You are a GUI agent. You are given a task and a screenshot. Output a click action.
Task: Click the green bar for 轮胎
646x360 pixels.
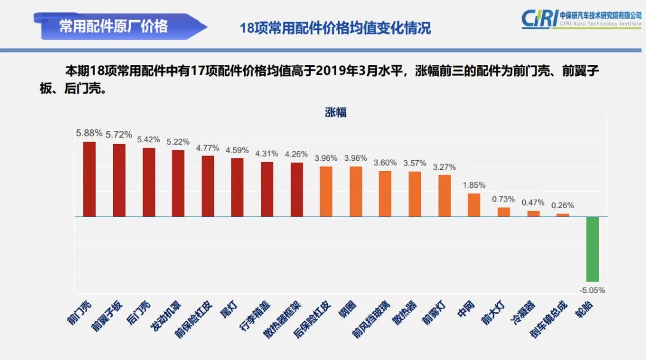tap(592, 249)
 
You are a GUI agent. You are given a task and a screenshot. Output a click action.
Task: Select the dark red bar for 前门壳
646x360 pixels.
tap(89, 179)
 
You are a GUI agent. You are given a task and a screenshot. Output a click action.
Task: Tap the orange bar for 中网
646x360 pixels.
tap(474, 205)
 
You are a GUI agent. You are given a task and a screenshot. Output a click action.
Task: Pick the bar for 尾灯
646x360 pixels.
tap(237, 187)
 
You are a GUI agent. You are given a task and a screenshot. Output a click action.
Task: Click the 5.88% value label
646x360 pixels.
tap(89, 133)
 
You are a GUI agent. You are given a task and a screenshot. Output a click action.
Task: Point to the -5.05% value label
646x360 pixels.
tap(592, 290)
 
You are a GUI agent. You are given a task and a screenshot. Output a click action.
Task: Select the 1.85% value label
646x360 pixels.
tap(474, 185)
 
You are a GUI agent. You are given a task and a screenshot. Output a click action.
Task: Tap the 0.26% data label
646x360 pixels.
tap(563, 205)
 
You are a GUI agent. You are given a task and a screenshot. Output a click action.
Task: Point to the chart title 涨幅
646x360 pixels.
tap(336, 112)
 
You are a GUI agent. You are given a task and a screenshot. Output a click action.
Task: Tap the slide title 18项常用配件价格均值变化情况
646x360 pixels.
tap(335, 28)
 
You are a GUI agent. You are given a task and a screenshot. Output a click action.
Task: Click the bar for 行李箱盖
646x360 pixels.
tap(267, 189)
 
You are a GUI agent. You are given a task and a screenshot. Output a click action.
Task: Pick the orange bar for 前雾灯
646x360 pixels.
tap(444, 196)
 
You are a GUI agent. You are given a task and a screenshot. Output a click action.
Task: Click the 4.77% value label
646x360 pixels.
tap(208, 148)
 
